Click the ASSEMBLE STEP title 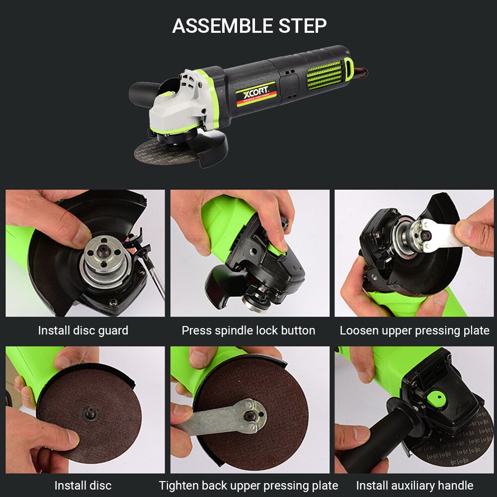point(249,25)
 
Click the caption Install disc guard point(83,331)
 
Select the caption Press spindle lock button point(248,331)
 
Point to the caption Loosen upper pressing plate point(414,331)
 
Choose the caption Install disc point(83,485)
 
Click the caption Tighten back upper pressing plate point(248,485)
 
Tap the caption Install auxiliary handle point(414,485)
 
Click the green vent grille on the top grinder point(325,75)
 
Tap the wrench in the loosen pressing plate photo point(437,234)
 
